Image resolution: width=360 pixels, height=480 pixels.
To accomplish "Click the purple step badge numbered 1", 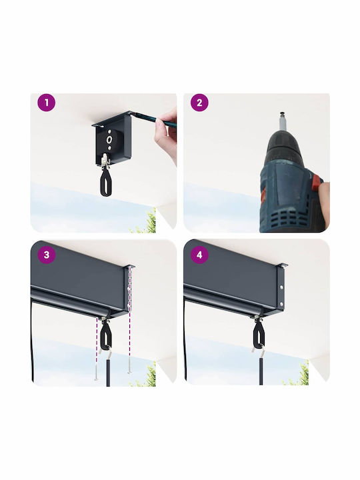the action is [x=47, y=103].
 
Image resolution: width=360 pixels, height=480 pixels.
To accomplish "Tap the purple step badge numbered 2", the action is [x=199, y=103].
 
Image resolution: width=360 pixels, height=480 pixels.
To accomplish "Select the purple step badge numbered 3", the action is [x=47, y=255].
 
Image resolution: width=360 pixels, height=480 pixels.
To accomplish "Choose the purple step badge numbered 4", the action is [x=199, y=255].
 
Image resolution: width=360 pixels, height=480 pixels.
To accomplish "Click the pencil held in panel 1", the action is [x=147, y=119].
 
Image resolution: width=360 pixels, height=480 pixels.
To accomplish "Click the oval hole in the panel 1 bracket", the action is [x=109, y=139].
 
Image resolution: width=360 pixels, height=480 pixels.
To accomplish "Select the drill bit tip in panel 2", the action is [x=282, y=116].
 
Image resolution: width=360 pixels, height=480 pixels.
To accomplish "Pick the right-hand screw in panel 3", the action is [x=129, y=366].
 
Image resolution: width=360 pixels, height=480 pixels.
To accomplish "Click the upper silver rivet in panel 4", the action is [x=281, y=288].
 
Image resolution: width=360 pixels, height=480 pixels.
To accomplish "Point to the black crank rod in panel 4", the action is [x=261, y=371].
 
